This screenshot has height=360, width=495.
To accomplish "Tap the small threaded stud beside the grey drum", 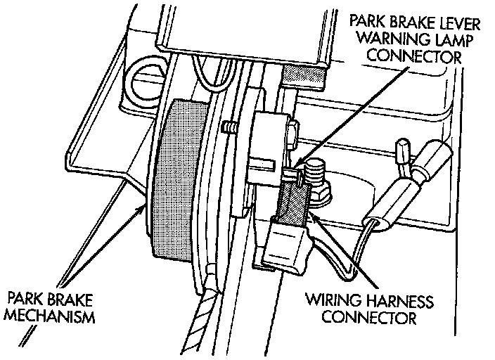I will coord(229,128).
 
